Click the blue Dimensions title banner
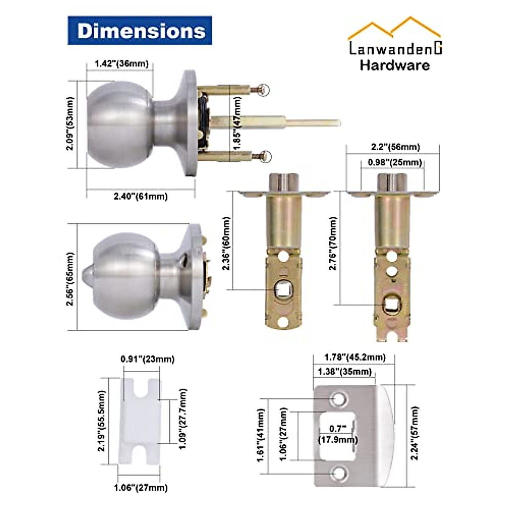point(140,31)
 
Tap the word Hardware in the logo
point(395,65)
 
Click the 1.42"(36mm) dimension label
point(121,64)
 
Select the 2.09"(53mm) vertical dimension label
point(70,123)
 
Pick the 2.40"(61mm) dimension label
point(140,196)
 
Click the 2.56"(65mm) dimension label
point(70,279)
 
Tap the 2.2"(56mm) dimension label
point(395,147)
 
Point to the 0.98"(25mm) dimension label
point(395,162)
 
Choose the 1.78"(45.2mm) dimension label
point(355,358)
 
